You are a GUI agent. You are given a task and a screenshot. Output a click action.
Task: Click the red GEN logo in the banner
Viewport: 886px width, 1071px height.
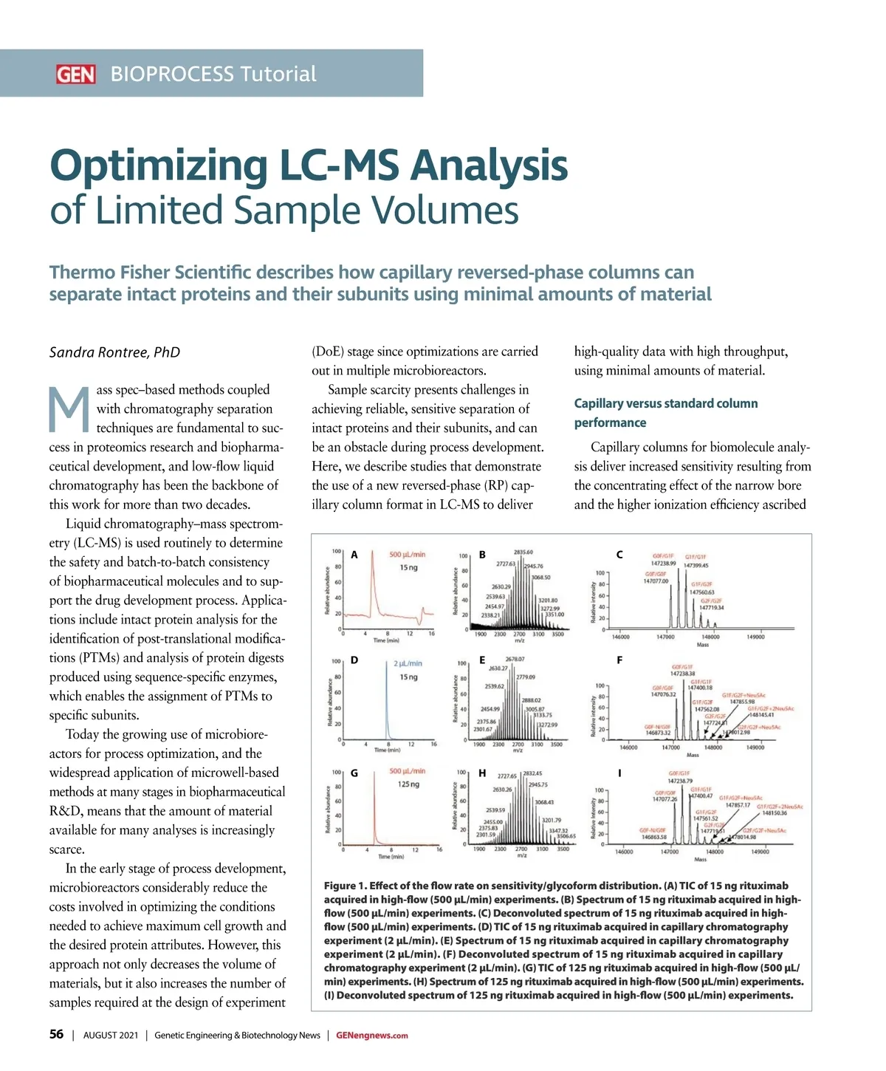point(75,74)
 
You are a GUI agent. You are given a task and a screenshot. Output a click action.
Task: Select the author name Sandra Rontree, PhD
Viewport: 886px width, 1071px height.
point(114,352)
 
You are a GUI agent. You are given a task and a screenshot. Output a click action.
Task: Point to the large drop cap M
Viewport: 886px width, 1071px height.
point(69,410)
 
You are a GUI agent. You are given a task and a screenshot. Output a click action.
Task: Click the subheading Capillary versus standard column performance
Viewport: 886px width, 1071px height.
point(665,413)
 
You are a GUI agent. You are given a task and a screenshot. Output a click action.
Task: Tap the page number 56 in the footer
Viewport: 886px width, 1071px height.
point(56,1035)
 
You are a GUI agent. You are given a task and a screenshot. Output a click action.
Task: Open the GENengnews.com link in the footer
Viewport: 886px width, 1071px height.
point(371,1036)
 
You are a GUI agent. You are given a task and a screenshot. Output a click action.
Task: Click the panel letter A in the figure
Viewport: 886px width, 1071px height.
point(354,555)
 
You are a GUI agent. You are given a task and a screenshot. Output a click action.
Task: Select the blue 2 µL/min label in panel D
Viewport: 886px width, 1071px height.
point(408,663)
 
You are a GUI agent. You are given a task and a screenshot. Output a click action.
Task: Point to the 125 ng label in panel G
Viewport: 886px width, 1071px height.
point(408,784)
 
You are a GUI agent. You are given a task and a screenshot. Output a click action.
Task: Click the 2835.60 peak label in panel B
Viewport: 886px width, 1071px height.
point(523,552)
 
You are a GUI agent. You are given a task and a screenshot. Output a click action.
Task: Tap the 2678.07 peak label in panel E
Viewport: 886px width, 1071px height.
point(515,659)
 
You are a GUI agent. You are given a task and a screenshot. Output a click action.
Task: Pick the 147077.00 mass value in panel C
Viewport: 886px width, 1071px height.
point(656,581)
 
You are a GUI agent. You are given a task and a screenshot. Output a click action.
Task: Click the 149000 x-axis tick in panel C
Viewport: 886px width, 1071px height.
point(755,637)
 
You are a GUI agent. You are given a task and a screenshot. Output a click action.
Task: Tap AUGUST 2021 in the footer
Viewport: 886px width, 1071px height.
point(111,1036)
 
